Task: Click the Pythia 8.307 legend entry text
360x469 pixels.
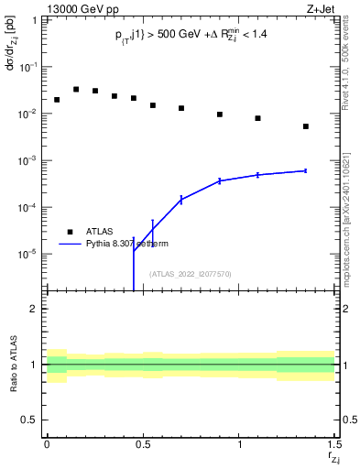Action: click(129, 244)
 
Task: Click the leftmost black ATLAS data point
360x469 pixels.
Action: click(57, 100)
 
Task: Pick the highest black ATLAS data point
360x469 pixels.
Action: click(76, 90)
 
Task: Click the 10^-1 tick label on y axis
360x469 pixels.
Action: click(30, 68)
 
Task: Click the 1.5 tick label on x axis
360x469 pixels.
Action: click(334, 444)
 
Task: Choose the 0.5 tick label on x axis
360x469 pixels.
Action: click(143, 444)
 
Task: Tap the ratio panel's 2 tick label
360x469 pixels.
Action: click(34, 309)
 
